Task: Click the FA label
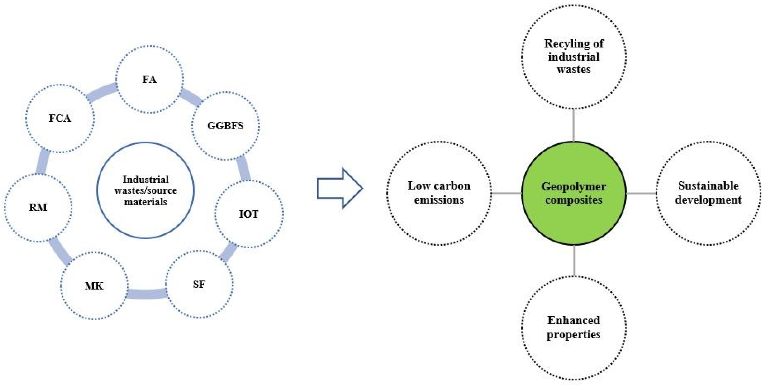pyautogui.click(x=149, y=79)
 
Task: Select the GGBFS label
pyautogui.click(x=225, y=126)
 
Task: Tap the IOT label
pyautogui.click(x=249, y=214)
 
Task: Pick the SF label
pyautogui.click(x=199, y=284)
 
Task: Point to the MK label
pyautogui.click(x=94, y=286)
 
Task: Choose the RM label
pyautogui.click(x=38, y=207)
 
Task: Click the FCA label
pyautogui.click(x=60, y=118)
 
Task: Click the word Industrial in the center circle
pyautogui.click(x=145, y=180)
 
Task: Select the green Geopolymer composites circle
pyautogui.click(x=573, y=193)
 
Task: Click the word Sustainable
pyautogui.click(x=708, y=186)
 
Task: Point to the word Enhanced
pyautogui.click(x=573, y=320)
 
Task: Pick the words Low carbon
pyautogui.click(x=439, y=186)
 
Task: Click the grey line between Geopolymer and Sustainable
pyautogui.click(x=641, y=193)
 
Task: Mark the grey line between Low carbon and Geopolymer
pyautogui.click(x=506, y=193)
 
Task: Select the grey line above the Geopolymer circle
pyautogui.click(x=573, y=125)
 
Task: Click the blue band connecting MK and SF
pyautogui.click(x=146, y=294)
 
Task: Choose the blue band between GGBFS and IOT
pyautogui.click(x=244, y=168)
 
